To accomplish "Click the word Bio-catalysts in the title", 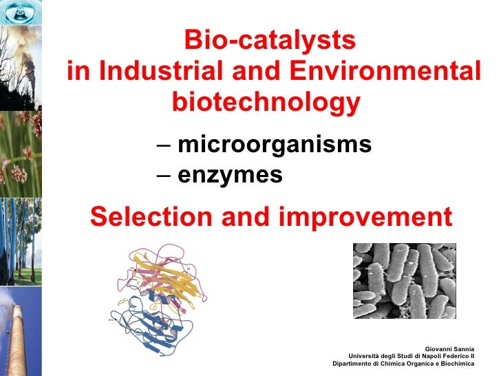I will (x=270, y=41).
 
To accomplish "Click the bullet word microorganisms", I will (x=275, y=145).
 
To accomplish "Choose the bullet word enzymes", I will (x=230, y=176).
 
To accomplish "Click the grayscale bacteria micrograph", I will (x=404, y=280).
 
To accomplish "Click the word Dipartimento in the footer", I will (x=356, y=364).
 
